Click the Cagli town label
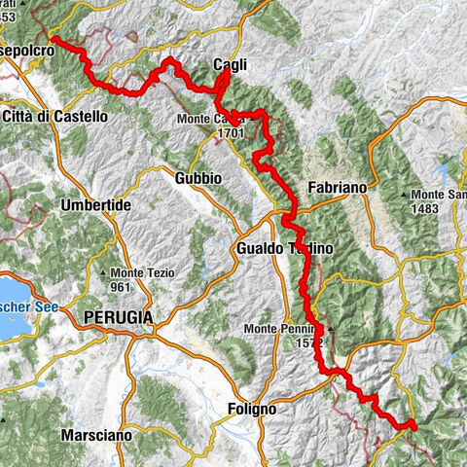[231, 65]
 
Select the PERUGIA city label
[120, 317]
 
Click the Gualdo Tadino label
[283, 249]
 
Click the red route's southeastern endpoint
[413, 424]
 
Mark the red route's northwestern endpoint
[54, 40]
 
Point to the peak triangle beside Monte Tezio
[114, 273]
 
